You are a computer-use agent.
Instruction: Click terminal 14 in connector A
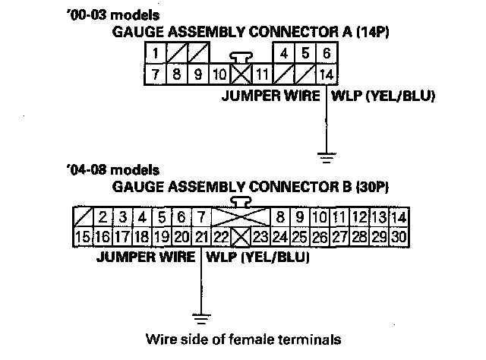tap(325, 74)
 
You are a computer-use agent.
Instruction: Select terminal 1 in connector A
tap(156, 54)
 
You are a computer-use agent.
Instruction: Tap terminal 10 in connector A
tap(219, 74)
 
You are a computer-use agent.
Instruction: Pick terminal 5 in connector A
tap(305, 54)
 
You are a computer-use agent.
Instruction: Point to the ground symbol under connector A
tap(327, 158)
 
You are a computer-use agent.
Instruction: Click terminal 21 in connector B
tap(200, 238)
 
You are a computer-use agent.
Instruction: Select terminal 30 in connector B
tap(399, 238)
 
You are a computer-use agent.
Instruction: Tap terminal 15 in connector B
tap(83, 238)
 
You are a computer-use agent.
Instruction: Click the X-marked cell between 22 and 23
tap(241, 238)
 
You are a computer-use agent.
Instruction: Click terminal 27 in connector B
tap(339, 238)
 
